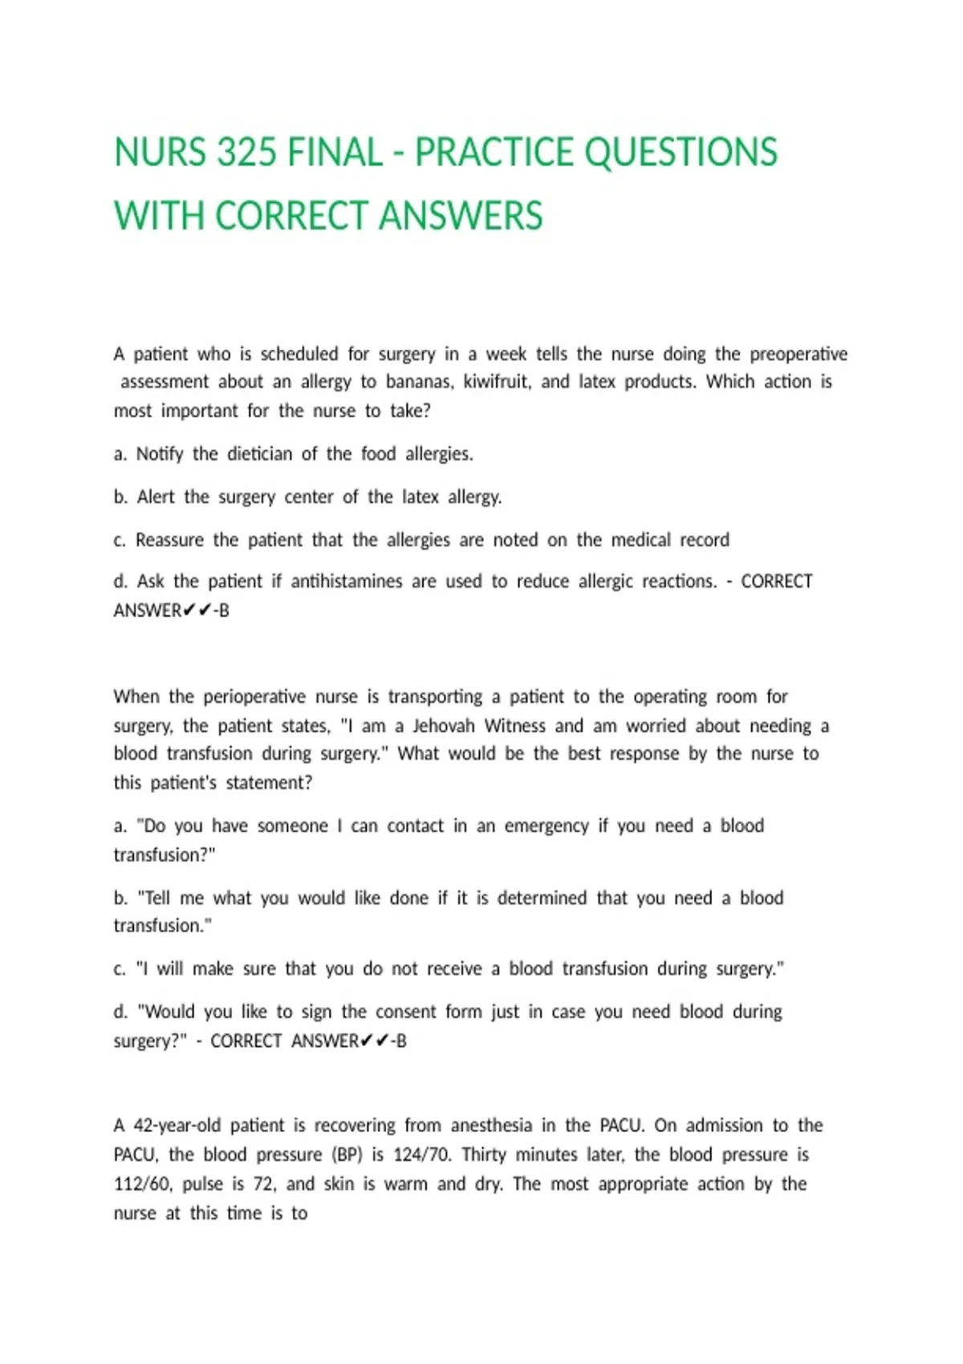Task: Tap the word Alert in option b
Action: click(x=156, y=497)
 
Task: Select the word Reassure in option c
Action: click(x=169, y=540)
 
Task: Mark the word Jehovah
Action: click(x=444, y=726)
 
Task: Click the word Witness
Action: click(x=515, y=726)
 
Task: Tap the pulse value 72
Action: click(x=265, y=1184)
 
